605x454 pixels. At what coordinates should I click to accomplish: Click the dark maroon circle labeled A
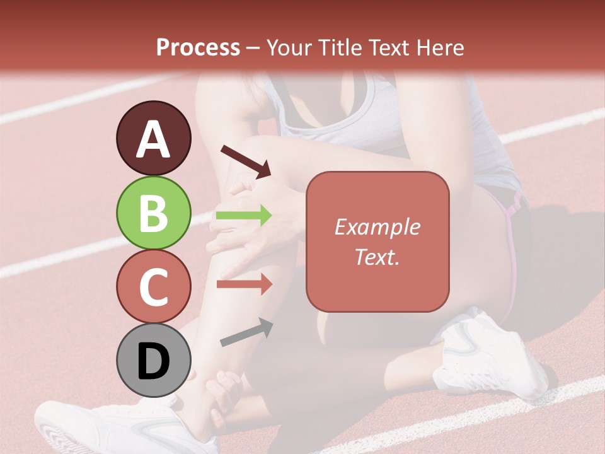154,139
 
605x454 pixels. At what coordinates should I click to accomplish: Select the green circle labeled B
154,213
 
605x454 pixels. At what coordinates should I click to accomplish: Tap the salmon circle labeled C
154,287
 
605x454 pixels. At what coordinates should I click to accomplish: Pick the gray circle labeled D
154,361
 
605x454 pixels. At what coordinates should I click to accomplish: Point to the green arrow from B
244,216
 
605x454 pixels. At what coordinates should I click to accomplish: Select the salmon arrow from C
244,284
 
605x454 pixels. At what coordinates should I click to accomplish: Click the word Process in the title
198,47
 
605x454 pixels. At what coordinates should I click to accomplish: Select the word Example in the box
377,227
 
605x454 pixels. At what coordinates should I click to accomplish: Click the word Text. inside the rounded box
377,257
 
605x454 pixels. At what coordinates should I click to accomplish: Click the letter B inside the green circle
154,213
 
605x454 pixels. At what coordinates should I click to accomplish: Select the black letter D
154,361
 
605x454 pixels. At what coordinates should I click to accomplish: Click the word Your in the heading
290,47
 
